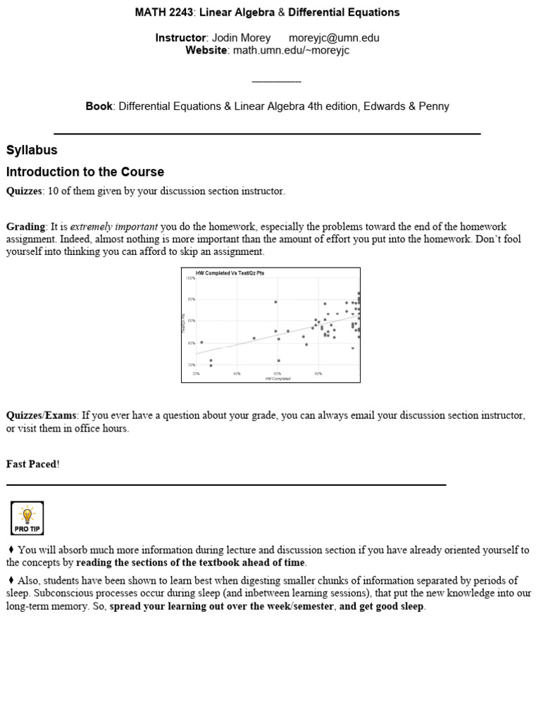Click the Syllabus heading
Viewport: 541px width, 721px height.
pyautogui.click(x=32, y=150)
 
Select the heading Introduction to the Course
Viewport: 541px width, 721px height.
pyautogui.click(x=85, y=172)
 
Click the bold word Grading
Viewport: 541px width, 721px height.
pyautogui.click(x=25, y=227)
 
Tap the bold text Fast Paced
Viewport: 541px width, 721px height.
pyautogui.click(x=32, y=464)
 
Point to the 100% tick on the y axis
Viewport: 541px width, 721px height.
pyautogui.click(x=190, y=278)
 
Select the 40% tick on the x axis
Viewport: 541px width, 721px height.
pyautogui.click(x=237, y=374)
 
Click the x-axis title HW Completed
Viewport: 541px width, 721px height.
pyautogui.click(x=278, y=378)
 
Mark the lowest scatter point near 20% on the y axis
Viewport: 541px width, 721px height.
pyautogui.click(x=211, y=365)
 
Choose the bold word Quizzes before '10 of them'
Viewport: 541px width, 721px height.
pyautogui.click(x=25, y=191)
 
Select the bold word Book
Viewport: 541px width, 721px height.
pyautogui.click(x=99, y=106)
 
